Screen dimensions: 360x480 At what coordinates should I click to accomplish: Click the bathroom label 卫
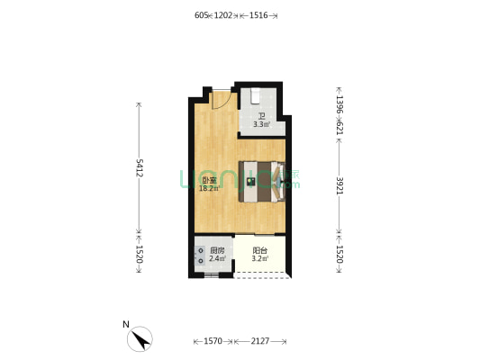click(261, 116)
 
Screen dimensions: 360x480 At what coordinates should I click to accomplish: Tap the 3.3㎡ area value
click(261, 124)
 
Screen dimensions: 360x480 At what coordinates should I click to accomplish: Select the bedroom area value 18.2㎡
click(208, 189)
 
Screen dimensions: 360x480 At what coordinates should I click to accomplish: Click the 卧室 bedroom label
click(208, 180)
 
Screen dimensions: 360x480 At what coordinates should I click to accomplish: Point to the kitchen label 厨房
click(217, 251)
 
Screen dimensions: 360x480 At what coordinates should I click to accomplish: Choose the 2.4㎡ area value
click(217, 259)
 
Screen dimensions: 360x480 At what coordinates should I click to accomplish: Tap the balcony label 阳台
click(260, 251)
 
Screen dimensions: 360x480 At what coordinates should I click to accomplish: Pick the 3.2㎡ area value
click(260, 259)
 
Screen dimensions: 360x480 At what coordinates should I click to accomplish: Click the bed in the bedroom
click(260, 181)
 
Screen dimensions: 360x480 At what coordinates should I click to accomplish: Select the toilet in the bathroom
click(256, 95)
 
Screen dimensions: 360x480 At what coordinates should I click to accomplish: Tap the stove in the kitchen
click(200, 256)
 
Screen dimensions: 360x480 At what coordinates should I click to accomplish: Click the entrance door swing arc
click(219, 100)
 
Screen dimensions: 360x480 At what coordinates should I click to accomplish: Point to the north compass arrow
click(140, 338)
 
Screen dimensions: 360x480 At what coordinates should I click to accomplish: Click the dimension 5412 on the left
click(140, 167)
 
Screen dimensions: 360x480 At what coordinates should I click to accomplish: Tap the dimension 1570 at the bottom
click(213, 341)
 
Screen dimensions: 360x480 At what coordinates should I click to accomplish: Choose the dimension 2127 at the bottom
click(260, 341)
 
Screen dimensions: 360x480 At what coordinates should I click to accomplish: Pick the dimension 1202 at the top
click(222, 15)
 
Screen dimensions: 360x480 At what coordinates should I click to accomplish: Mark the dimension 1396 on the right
click(339, 106)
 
